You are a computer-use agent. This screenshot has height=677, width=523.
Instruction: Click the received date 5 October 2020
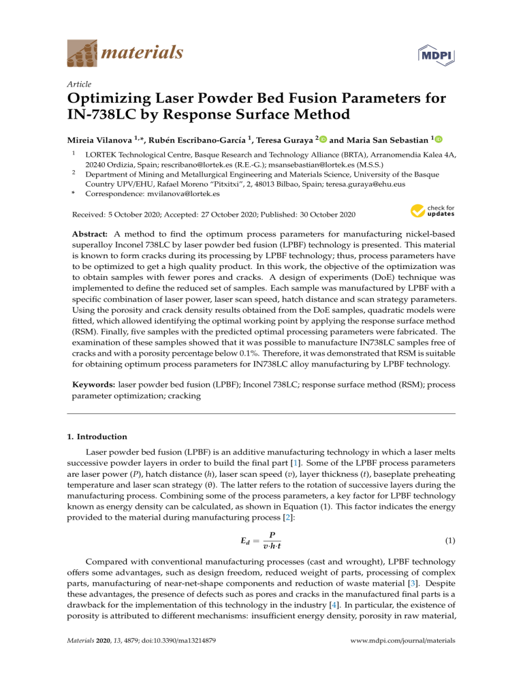click(130, 214)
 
